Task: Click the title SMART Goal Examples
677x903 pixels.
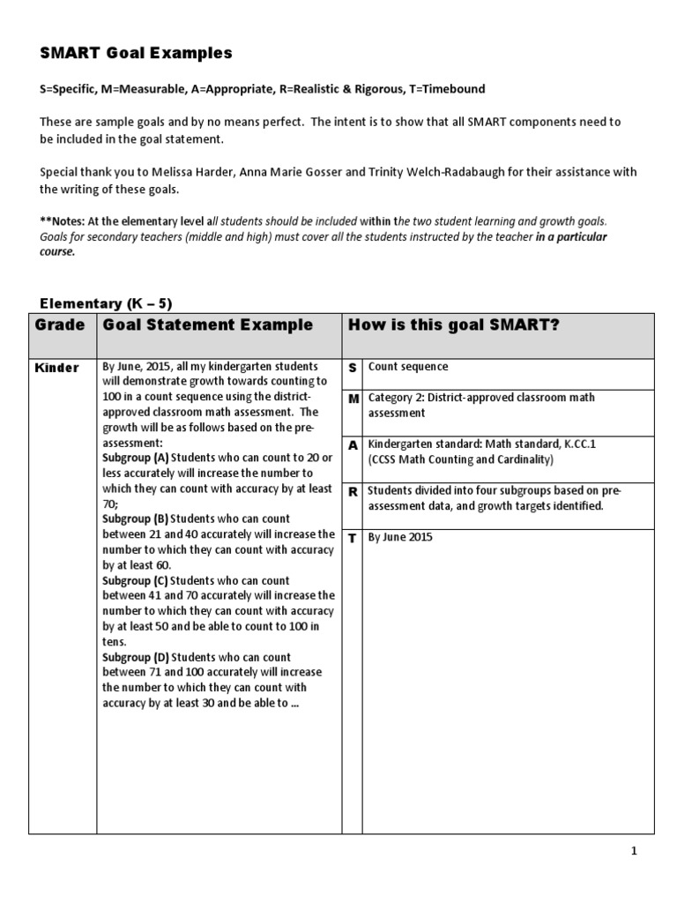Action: pyautogui.click(x=136, y=54)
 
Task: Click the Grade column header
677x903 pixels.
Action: pyautogui.click(x=60, y=325)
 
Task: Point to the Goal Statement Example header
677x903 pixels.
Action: pyautogui.click(x=208, y=325)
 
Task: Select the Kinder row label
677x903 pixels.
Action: pyautogui.click(x=56, y=368)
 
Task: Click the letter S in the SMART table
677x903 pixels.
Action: pyautogui.click(x=353, y=367)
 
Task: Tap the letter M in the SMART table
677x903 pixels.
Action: pyautogui.click(x=353, y=399)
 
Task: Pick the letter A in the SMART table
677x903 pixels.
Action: pyautogui.click(x=353, y=445)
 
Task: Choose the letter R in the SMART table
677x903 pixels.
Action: pyautogui.click(x=353, y=492)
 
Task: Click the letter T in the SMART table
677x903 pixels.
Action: pyautogui.click(x=353, y=538)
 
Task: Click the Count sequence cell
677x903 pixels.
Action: pyautogui.click(x=408, y=367)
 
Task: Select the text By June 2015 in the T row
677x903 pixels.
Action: pyautogui.click(x=401, y=538)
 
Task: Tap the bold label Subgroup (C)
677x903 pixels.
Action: pyautogui.click(x=135, y=580)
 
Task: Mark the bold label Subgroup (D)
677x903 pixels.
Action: pyautogui.click(x=135, y=657)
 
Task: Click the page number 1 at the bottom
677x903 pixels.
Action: pyautogui.click(x=633, y=851)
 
